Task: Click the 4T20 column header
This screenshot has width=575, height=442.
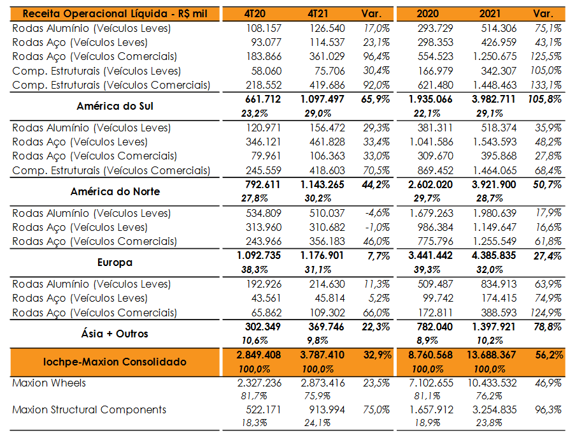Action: pos(255,14)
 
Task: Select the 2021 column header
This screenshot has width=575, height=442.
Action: pos(490,14)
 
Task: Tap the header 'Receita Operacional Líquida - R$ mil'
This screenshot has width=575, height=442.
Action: pos(115,14)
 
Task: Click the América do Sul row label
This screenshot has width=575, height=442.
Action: pos(115,106)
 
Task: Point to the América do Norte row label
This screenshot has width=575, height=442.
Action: pos(115,191)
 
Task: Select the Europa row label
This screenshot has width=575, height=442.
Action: pos(115,263)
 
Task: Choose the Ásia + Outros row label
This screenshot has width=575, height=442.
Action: pos(115,334)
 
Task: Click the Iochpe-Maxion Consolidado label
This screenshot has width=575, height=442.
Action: pos(115,362)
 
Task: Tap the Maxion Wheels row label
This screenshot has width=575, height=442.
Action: pos(49,383)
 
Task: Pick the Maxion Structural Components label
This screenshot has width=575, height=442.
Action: pos(89,409)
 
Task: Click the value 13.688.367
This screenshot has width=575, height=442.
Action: pos(491,355)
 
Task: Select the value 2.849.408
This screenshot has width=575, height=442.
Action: pos(259,355)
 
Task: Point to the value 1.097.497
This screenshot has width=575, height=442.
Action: pos(322,99)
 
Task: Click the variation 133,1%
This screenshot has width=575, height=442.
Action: pos(546,85)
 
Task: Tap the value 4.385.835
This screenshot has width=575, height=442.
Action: pos(493,256)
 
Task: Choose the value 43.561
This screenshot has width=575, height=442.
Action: pos(266,298)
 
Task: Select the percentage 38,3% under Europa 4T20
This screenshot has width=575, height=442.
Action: pos(255,270)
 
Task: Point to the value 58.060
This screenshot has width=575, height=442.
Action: pos(266,71)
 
